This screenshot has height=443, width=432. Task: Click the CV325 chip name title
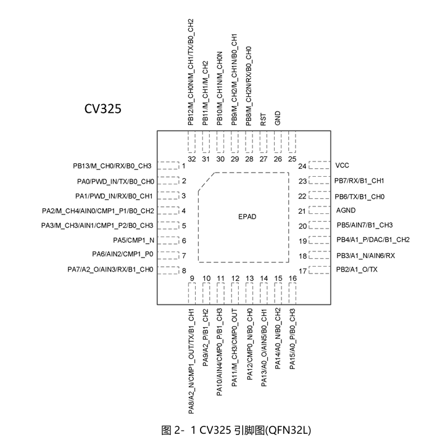(x=102, y=109)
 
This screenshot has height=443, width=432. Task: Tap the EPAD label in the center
(x=247, y=217)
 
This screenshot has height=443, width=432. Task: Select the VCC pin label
(x=342, y=165)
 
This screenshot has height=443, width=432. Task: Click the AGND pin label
(x=346, y=210)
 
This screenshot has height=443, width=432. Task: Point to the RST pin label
(x=263, y=120)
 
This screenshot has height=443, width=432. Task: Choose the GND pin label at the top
(x=278, y=118)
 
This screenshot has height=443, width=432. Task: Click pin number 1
(x=184, y=166)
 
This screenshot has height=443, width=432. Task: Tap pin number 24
(x=302, y=166)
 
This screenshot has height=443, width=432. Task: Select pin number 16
(x=293, y=278)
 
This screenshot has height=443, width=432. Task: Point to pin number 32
(x=192, y=159)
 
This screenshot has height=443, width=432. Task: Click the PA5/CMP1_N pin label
(x=133, y=240)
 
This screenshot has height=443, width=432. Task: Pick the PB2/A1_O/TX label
(x=357, y=269)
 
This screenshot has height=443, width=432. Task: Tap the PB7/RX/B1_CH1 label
(x=359, y=181)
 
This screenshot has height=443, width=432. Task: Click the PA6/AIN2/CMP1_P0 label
(x=122, y=254)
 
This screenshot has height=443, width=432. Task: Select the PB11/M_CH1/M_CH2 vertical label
(x=206, y=93)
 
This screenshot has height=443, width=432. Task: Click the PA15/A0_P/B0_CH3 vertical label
(x=293, y=339)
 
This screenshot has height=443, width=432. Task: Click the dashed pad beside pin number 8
(x=168, y=270)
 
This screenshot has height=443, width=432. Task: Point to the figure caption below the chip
(x=236, y=430)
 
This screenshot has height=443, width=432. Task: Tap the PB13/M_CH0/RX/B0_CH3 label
(x=112, y=166)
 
